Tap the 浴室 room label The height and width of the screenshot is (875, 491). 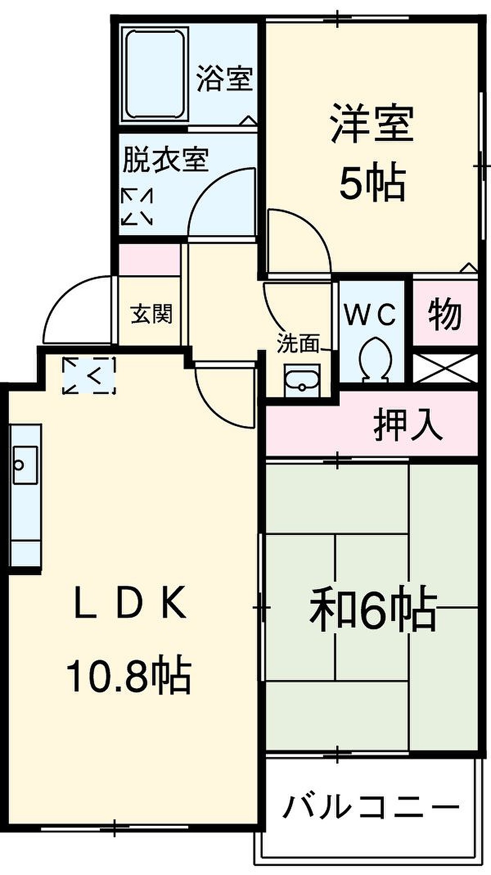pyautogui.click(x=225, y=79)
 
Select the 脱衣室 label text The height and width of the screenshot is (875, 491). pyautogui.click(x=166, y=160)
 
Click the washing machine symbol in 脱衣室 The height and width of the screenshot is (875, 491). pyautogui.click(x=137, y=207)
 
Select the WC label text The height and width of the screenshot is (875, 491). pyautogui.click(x=370, y=315)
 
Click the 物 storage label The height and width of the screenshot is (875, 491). pyautogui.click(x=445, y=314)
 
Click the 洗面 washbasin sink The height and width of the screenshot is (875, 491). pyautogui.click(x=302, y=381)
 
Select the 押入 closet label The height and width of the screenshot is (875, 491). pyautogui.click(x=408, y=427)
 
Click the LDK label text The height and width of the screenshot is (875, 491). pyautogui.click(x=130, y=602)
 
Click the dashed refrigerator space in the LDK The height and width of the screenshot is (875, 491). pyautogui.click(x=89, y=376)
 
